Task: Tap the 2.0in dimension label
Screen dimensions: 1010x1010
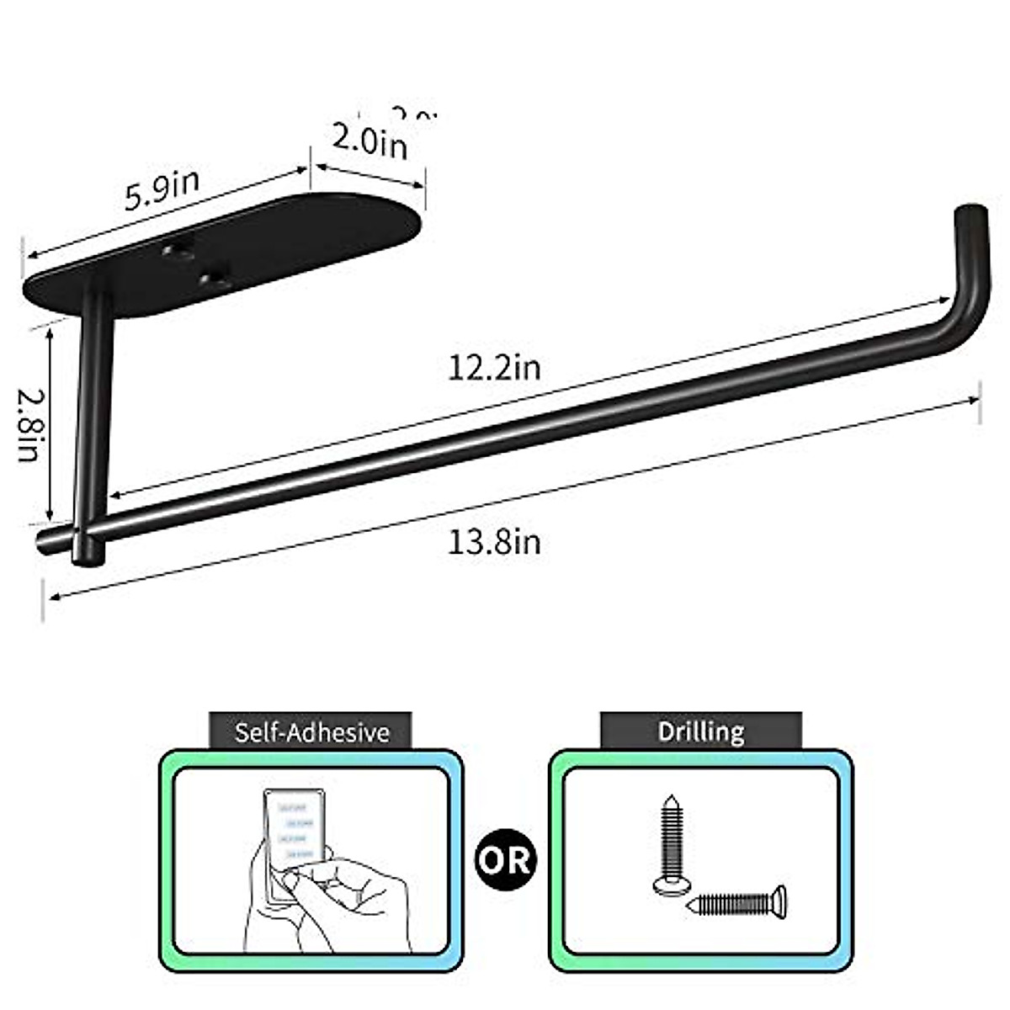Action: click(369, 141)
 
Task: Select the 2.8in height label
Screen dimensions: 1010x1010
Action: click(28, 425)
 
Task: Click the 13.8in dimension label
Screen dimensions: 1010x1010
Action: click(494, 541)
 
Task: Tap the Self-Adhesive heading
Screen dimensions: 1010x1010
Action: click(311, 731)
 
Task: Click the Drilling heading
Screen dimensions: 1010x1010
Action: click(701, 731)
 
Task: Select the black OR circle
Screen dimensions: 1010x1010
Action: click(506, 859)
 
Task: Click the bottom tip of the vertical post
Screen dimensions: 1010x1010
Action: click(88, 555)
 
